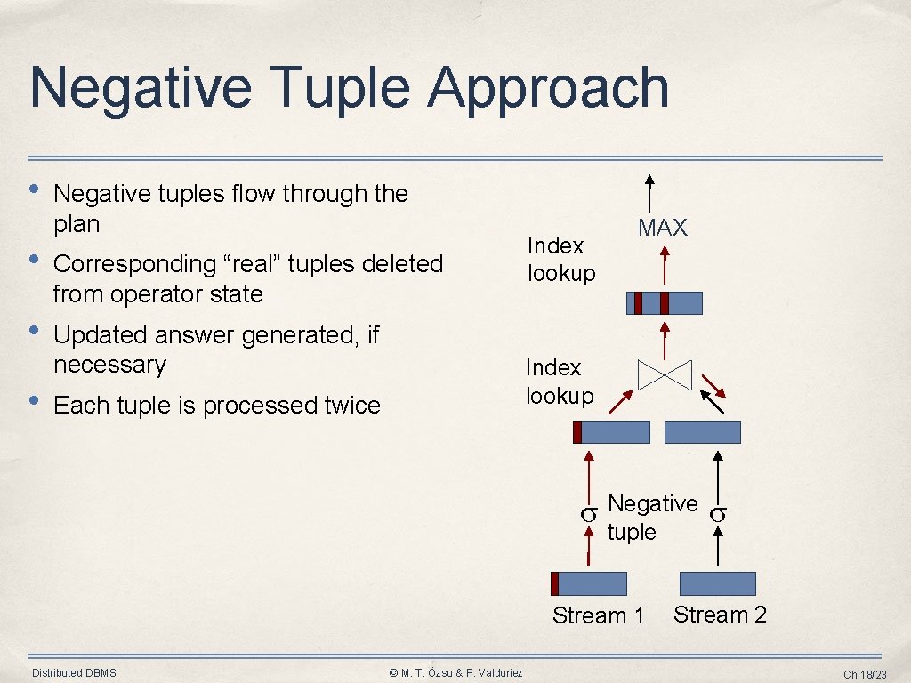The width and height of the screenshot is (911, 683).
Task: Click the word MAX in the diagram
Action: tap(663, 228)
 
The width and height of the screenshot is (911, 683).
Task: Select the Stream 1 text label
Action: tap(598, 615)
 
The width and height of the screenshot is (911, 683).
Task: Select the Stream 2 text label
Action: tap(720, 615)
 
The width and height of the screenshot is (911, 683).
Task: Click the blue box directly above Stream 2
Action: tap(717, 583)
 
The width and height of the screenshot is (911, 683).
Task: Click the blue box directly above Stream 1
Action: tap(589, 583)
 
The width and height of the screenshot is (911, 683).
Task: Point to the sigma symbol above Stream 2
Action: tap(718, 513)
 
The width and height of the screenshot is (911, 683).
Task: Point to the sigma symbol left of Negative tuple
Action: tap(588, 514)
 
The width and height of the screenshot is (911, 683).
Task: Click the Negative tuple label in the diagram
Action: tap(652, 518)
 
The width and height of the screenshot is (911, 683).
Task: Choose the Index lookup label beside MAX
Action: tap(560, 259)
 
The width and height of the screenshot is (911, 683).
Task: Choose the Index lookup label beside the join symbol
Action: tap(559, 381)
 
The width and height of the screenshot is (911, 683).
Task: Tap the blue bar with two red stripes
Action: tap(665, 303)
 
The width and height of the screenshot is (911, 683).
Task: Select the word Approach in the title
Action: tap(548, 89)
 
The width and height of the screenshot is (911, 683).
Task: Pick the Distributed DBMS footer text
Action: tap(74, 672)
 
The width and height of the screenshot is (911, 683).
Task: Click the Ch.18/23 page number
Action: tap(865, 674)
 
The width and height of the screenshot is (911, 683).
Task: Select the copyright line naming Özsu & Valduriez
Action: tap(456, 672)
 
